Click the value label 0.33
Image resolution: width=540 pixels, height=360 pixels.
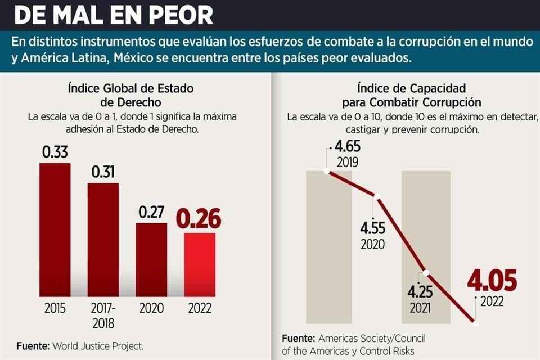coord(55,152)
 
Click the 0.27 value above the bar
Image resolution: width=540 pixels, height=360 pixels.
coord(151,213)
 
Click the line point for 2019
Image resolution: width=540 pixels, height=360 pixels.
coord(327,170)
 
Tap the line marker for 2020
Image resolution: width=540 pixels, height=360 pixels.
coord(377,196)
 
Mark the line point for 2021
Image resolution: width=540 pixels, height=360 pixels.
coord(426,273)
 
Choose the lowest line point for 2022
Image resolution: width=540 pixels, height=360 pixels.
coord(476,323)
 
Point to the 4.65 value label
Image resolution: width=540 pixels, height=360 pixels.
coord(347,148)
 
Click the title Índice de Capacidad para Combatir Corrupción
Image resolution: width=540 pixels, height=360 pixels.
coord(411,95)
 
